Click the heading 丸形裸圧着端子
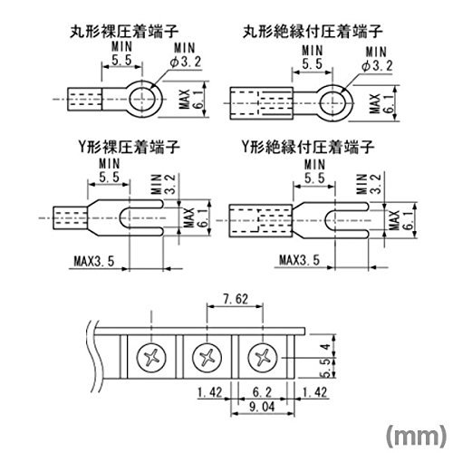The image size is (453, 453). click(x=124, y=32)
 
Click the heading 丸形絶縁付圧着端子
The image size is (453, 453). click(x=313, y=32)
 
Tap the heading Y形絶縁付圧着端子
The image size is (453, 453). click(x=308, y=147)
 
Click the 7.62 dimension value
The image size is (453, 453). click(x=236, y=299)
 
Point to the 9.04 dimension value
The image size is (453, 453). click(x=262, y=407)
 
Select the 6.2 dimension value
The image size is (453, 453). click(x=262, y=392)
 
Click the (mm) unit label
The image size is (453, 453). click(x=416, y=436)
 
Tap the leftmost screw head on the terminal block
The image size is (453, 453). click(x=151, y=358)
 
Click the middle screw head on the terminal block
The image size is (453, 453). click(x=207, y=358)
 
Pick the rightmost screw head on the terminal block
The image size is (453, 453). click(x=263, y=358)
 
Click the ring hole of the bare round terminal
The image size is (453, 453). click(x=142, y=99)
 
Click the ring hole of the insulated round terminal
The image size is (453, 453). click(x=333, y=103)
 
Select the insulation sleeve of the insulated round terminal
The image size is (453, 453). click(x=261, y=103)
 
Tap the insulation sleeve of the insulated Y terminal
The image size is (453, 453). click(x=260, y=221)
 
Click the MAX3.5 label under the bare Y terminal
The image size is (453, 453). click(x=94, y=261)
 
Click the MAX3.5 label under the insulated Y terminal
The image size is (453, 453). click(x=299, y=260)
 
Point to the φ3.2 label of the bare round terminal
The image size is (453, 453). click(x=186, y=62)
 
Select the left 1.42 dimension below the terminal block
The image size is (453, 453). click(x=209, y=392)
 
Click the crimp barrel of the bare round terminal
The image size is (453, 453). click(x=84, y=99)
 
